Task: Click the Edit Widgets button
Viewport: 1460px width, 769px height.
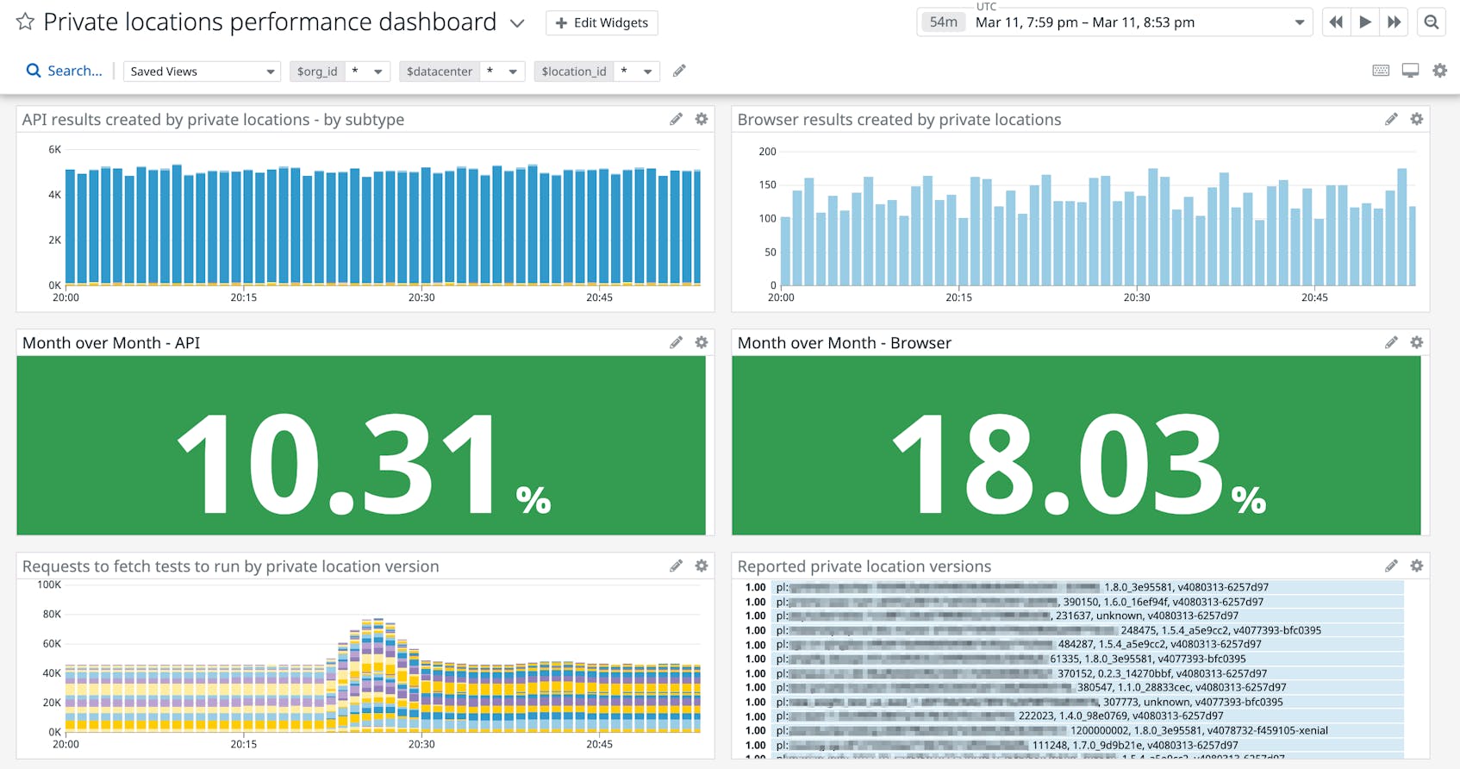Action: pos(602,23)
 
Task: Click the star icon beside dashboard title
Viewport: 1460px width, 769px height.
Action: pos(25,22)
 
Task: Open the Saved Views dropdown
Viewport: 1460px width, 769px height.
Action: pos(202,72)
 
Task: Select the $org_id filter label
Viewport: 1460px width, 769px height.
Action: pos(317,72)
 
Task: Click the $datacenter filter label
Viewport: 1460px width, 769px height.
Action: pos(439,72)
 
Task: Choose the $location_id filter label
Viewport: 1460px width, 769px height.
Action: pos(574,72)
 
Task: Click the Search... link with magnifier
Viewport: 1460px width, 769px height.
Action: pos(65,71)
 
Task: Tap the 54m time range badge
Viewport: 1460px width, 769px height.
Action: pos(943,22)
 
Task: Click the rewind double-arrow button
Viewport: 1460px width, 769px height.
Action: pos(1336,22)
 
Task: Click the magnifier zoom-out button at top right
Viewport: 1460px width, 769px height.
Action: pos(1432,22)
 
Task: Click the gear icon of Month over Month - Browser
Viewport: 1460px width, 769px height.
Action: pos(1416,342)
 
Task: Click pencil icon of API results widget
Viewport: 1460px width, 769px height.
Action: pos(676,120)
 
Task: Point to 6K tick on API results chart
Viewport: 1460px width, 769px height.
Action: pos(54,150)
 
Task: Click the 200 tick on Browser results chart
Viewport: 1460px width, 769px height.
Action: pos(767,152)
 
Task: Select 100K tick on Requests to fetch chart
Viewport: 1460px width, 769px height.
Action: pos(49,585)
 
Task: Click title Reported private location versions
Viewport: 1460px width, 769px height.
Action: pos(864,566)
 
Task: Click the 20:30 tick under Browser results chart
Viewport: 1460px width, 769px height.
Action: pos(1136,297)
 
